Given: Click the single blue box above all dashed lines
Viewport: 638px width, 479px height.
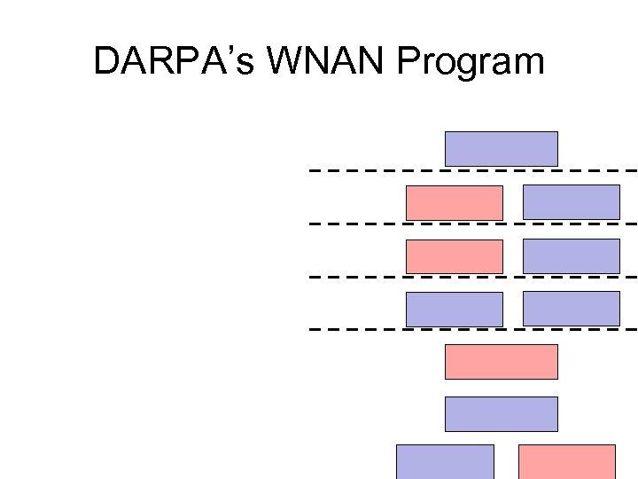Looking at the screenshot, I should pyautogui.click(x=501, y=148).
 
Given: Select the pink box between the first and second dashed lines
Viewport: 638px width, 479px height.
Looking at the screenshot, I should pyautogui.click(x=454, y=202).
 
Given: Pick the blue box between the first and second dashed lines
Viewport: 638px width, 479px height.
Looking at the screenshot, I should pyautogui.click(x=571, y=201).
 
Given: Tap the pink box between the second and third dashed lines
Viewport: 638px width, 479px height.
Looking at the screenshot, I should pyautogui.click(x=454, y=255).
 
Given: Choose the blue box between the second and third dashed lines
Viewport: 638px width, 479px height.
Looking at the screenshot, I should pyautogui.click(x=571, y=255).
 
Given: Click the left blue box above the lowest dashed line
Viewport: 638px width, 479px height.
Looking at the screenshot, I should pyautogui.click(x=454, y=309).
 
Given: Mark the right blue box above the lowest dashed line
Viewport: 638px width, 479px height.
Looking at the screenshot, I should pyautogui.click(x=571, y=308).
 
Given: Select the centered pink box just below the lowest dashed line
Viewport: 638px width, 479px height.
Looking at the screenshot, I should pyautogui.click(x=501, y=361).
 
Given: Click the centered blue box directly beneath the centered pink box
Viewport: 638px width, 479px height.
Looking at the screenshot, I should pyautogui.click(x=501, y=413).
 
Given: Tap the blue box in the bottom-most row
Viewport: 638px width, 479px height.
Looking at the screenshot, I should pyautogui.click(x=445, y=461).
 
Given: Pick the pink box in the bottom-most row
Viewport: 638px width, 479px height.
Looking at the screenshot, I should pyautogui.click(x=566, y=461).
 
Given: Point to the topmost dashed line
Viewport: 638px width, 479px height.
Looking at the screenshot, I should pyautogui.click(x=372, y=169).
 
